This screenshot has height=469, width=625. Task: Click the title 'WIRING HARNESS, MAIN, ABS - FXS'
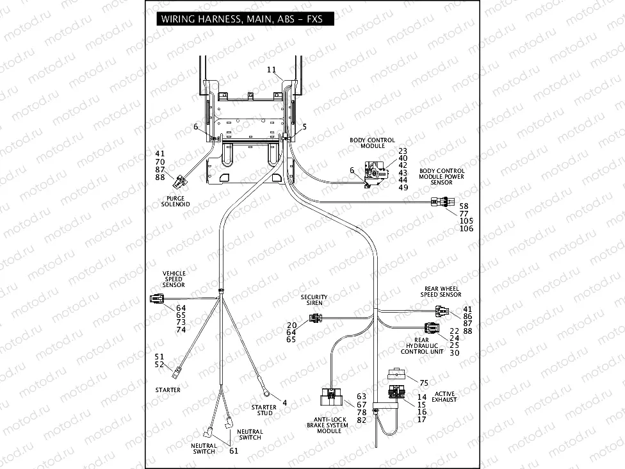241,19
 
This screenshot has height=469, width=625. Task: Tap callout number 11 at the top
271,69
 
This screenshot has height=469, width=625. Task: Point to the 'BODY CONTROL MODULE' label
372,143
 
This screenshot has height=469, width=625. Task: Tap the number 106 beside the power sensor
467,229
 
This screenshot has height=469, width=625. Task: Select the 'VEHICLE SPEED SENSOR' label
174,279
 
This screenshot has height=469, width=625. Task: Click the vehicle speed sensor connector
157,299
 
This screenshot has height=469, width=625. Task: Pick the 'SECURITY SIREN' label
314,300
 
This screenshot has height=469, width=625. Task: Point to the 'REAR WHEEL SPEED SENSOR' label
441,292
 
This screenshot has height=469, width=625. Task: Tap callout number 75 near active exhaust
424,382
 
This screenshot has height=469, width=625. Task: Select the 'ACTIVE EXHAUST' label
444,397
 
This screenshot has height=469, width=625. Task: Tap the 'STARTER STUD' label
264,410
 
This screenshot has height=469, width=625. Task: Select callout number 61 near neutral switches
234,451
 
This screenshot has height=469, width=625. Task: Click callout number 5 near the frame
304,127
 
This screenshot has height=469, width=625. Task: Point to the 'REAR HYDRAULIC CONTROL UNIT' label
422,346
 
